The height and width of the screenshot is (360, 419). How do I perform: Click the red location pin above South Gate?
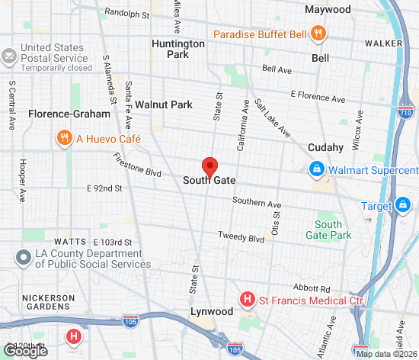(x=209, y=166)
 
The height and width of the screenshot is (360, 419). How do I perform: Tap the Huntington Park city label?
(x=178, y=49)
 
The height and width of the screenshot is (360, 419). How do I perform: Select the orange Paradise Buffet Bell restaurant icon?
(x=319, y=34)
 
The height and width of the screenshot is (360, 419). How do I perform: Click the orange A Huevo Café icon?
(x=64, y=137)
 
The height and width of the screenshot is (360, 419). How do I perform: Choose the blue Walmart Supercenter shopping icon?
(x=314, y=169)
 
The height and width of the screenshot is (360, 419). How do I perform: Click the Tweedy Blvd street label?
(x=241, y=236)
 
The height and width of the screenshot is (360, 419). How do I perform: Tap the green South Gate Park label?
(x=334, y=230)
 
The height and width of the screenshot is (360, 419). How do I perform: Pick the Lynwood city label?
(x=212, y=312)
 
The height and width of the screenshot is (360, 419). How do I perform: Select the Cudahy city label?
(x=326, y=147)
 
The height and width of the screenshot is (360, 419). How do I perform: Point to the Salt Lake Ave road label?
(x=272, y=118)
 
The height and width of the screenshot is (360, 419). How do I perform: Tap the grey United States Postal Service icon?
(x=9, y=56)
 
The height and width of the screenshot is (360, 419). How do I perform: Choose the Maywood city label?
(x=328, y=10)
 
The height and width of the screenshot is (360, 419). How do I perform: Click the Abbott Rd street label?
(x=315, y=289)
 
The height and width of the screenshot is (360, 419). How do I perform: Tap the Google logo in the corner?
(x=24, y=350)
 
